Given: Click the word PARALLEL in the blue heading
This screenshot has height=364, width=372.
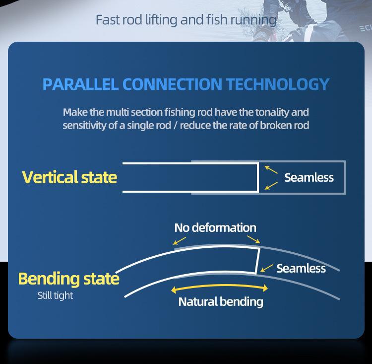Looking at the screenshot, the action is [80, 84].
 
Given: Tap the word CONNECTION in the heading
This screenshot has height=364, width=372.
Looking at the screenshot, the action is [172, 84].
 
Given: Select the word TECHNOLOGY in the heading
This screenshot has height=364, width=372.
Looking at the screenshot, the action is [278, 84].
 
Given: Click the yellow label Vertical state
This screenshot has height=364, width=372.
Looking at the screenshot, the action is [69, 177].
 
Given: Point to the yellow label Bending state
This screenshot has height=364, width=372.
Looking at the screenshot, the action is [68, 279].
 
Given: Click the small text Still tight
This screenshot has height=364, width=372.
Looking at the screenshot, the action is [55, 295].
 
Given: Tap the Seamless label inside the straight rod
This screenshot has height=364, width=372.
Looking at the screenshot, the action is [309, 177].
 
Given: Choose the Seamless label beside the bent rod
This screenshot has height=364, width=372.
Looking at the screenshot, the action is [301, 268].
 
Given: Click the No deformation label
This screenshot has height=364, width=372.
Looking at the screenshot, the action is [215, 227].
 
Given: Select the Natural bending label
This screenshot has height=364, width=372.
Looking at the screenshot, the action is [221, 302].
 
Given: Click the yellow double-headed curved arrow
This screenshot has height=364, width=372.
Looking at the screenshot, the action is [219, 286].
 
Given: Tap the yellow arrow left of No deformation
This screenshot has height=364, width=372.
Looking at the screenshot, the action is [180, 241].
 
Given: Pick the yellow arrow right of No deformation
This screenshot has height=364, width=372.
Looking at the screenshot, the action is [253, 239].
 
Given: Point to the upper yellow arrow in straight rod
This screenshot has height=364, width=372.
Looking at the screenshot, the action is [271, 169].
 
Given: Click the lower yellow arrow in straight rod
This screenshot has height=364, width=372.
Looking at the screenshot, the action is [271, 186].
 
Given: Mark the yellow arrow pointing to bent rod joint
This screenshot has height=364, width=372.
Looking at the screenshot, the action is [267, 268].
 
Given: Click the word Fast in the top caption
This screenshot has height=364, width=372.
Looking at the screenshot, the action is [108, 20].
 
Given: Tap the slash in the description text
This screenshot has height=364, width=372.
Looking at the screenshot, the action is [176, 126].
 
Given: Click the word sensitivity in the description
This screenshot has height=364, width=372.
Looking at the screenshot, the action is [84, 126].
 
